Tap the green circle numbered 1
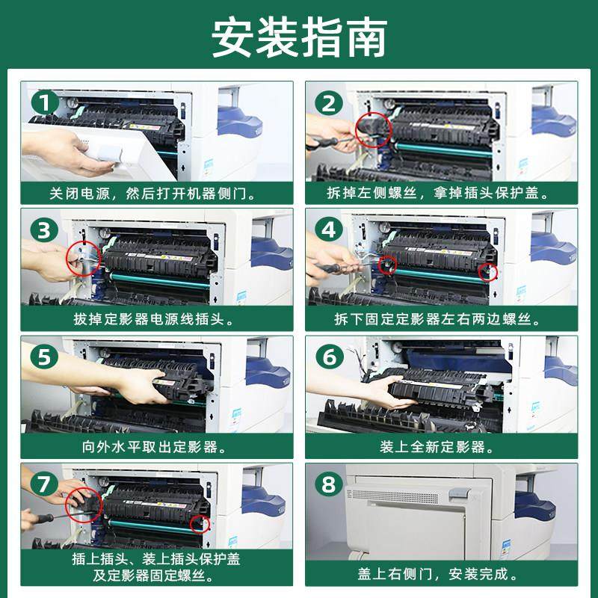(45, 102)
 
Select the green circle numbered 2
(329, 103)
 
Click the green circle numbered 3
(45, 230)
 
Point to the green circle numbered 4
(329, 230)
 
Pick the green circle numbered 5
(45, 357)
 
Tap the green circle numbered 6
(330, 357)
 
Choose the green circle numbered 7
(44, 484)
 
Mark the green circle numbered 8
(329, 484)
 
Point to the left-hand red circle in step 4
(387, 256)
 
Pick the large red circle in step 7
(66, 505)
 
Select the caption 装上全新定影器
(437, 446)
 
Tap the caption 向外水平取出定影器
(154, 446)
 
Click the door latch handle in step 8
(460, 494)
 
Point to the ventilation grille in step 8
(395, 497)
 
